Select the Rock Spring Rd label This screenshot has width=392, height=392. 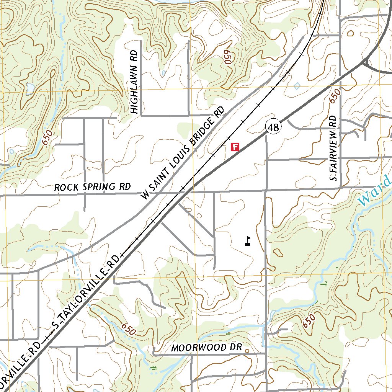point(92,187)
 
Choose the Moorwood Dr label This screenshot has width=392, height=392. point(207,348)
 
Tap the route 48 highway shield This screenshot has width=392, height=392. point(273,127)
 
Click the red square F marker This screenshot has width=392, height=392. point(235,146)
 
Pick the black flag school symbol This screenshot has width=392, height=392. point(248,241)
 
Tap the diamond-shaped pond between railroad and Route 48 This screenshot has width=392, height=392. point(297,85)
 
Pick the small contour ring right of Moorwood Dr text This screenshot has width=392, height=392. point(247,350)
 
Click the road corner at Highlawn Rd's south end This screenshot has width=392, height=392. point(141,115)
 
